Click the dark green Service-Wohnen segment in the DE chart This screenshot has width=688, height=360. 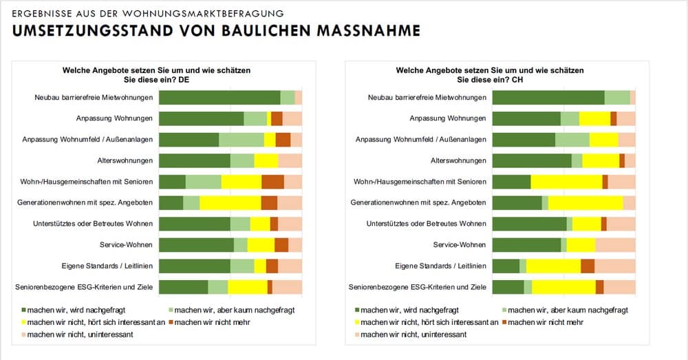pos(196,245)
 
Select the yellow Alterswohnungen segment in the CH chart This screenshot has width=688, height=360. pos(601,160)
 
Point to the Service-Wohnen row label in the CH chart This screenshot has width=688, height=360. pos(460,245)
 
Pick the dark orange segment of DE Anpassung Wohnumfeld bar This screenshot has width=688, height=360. pos(283,140)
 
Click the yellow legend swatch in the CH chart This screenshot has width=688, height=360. pos(356,322)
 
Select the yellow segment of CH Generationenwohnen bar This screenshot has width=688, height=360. pos(585,203)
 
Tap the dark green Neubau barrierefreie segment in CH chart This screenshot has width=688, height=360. pos(548,98)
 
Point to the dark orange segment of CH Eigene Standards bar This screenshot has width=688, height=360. pos(588,266)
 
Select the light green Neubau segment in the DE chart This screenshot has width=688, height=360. pos(288,98)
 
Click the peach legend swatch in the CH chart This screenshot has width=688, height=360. pos(356,335)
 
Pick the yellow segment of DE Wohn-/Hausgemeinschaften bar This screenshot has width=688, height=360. pos(241,182)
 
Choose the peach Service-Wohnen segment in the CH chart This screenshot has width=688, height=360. pos(615,245)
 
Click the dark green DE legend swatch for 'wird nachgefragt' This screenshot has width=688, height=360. pos(23,310)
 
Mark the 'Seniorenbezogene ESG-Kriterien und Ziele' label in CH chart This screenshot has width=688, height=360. pos(418,287)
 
